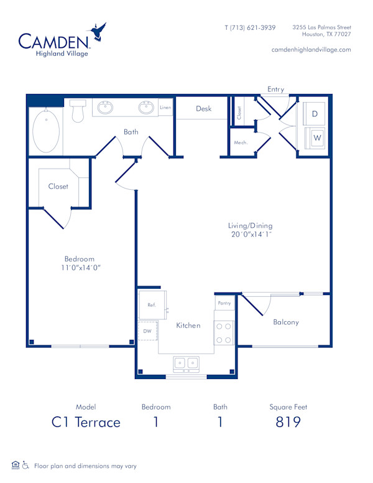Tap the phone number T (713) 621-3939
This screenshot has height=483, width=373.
pos(250,27)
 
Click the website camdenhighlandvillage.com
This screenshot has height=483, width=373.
pos(311,49)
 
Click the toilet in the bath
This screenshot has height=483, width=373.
pos(78,111)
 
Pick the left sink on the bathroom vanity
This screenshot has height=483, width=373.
pos(106,108)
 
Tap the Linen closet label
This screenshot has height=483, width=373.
pos(165,108)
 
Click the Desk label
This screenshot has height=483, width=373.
pos(203,108)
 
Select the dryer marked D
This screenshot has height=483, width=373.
pos(315,114)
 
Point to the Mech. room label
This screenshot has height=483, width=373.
pos(241,143)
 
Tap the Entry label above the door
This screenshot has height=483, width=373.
pos(275,89)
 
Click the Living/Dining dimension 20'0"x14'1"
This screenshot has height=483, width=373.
pos(250,235)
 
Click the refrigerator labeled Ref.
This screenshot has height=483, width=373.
pos(152,305)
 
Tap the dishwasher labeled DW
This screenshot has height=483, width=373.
pos(147,331)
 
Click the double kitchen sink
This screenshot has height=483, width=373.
pos(186,363)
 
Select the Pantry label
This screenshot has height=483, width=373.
pos(224,303)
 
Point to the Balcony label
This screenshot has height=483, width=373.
pos(286,322)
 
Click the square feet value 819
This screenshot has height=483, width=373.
pos(288,422)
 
